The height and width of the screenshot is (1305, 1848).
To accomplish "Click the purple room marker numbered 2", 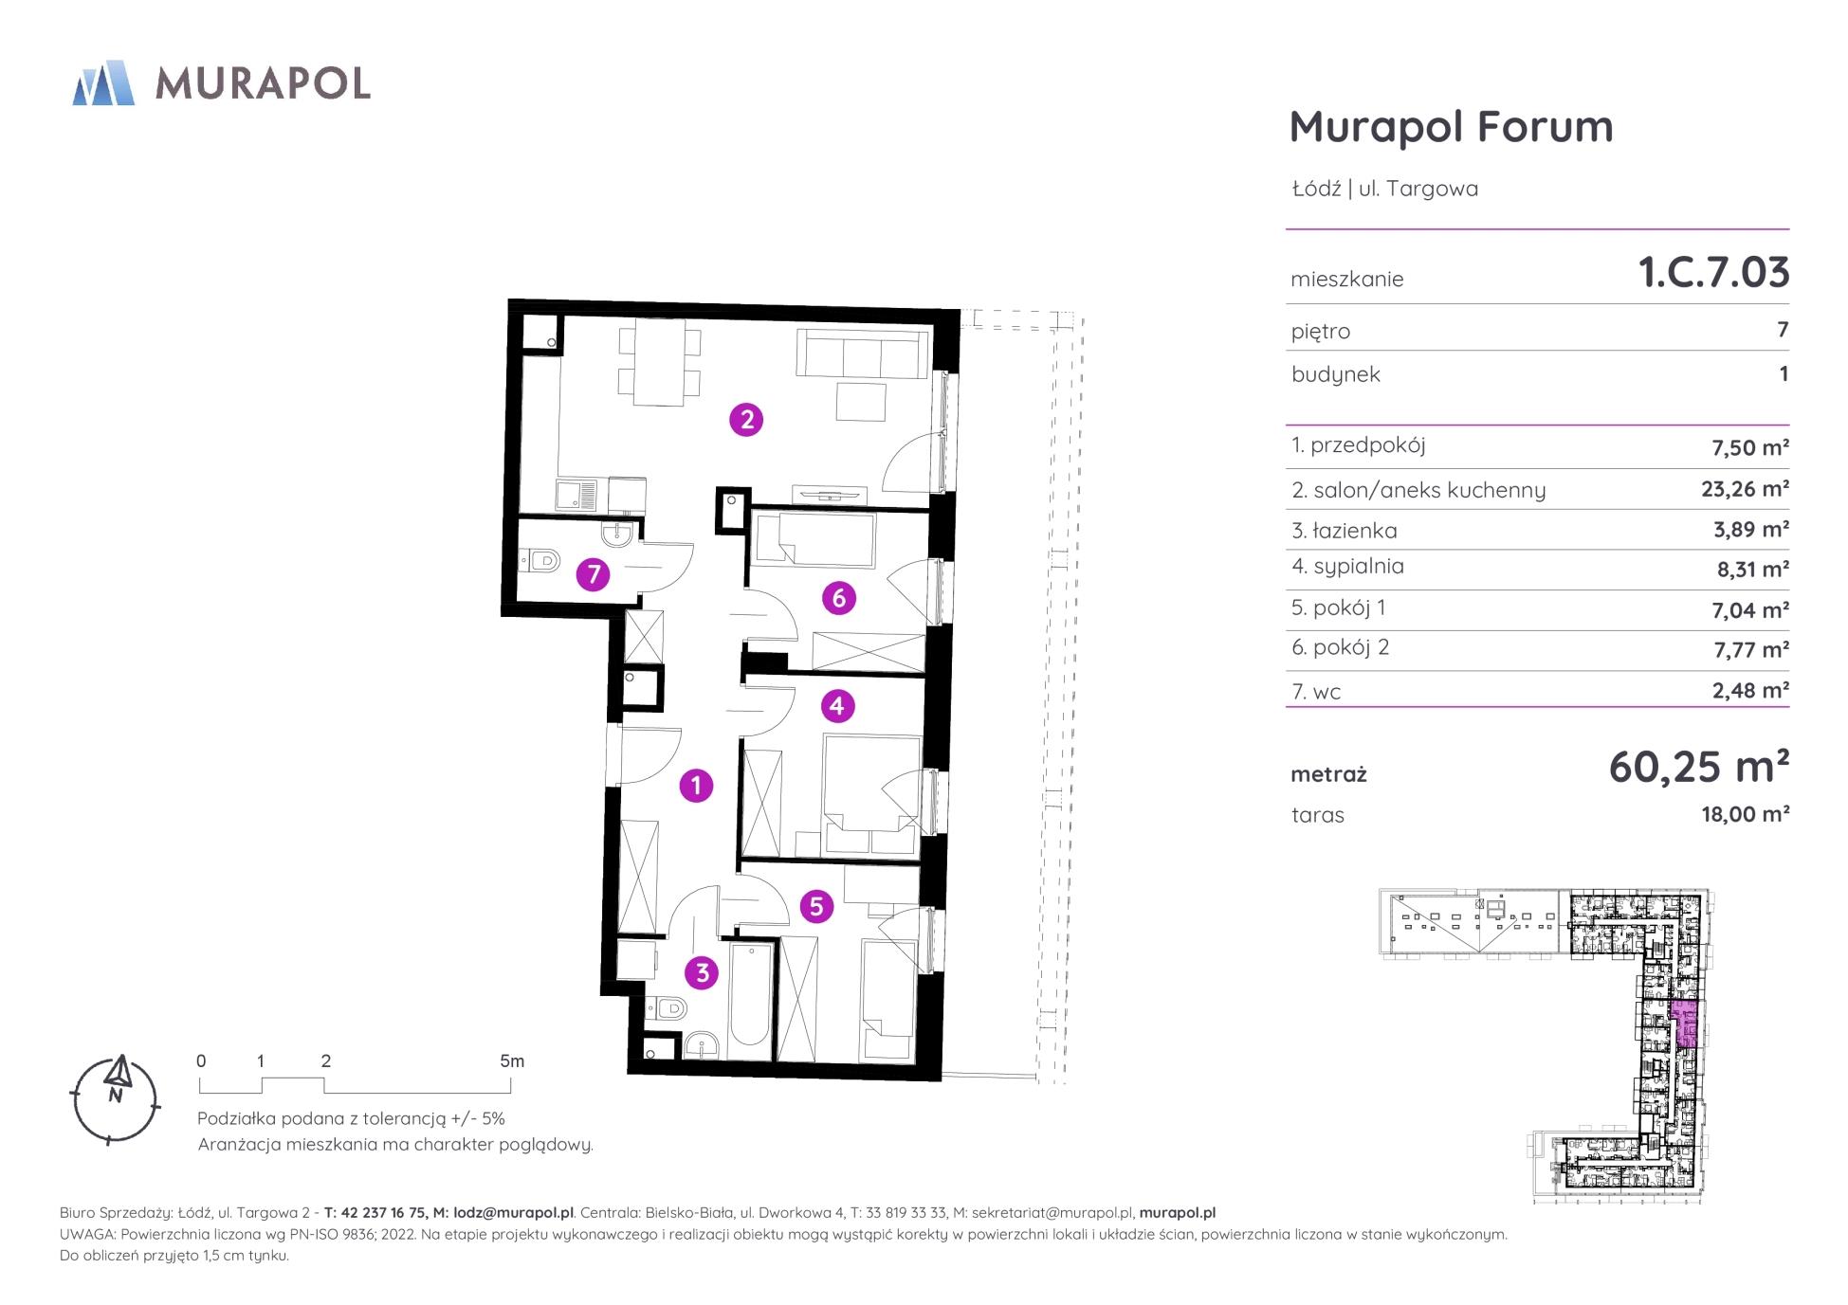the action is [x=747, y=419].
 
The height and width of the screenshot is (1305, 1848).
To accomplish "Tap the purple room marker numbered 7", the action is [x=594, y=574].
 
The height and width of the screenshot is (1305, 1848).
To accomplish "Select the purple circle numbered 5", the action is [x=816, y=907].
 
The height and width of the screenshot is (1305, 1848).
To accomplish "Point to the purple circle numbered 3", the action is [x=703, y=972].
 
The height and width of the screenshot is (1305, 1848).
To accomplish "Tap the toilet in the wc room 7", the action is [x=539, y=562].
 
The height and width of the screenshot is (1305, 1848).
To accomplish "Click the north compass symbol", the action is [x=116, y=1098].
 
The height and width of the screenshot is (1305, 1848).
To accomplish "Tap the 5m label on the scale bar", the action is [x=512, y=1061].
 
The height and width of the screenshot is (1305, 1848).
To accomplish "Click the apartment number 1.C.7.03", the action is [x=1713, y=272].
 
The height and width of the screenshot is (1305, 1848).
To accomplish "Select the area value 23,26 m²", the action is [x=1745, y=489].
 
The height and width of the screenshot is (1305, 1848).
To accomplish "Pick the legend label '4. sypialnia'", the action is [x=1347, y=567].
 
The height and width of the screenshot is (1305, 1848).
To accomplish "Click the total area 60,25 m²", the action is [x=1698, y=766].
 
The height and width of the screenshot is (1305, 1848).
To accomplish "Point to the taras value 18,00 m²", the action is [x=1745, y=814].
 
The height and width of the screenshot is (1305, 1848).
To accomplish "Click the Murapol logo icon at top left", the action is [x=103, y=82].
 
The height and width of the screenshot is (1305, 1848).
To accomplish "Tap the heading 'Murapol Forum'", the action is [x=1451, y=127].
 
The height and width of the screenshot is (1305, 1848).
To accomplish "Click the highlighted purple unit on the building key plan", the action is [x=1684, y=1024].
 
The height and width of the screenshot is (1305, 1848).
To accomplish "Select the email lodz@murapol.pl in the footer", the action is [x=514, y=1213].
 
